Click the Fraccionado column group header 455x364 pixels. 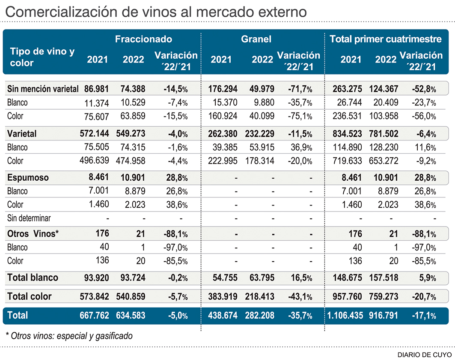tap(143, 39)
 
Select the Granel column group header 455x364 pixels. tap(256, 39)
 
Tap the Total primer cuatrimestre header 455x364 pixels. tap(386, 39)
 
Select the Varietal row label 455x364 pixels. tap(22, 134)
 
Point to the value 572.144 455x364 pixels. tap(94, 134)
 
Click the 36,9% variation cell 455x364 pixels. tap(302, 147)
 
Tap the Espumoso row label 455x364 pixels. tap(28, 177)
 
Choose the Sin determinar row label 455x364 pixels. tap(29, 218)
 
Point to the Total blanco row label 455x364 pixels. tap(33, 277)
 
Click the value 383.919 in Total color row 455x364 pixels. tap(223, 296)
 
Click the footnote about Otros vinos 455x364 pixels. tap(69, 336)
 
